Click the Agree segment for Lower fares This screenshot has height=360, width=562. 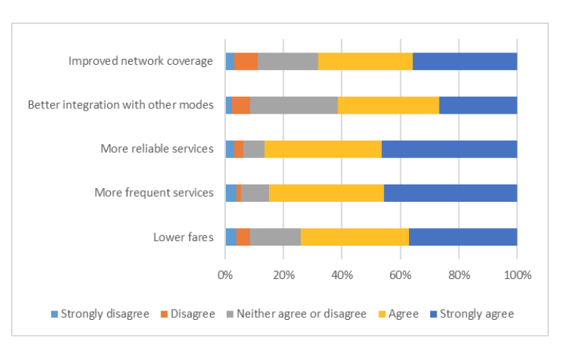tap(355, 237)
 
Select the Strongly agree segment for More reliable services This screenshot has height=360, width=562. tap(449, 149)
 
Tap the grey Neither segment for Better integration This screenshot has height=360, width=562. tap(294, 105)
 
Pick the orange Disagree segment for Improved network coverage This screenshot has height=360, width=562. tap(246, 61)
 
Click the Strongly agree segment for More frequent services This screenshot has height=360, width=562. tap(450, 193)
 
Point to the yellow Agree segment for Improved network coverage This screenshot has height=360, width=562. tap(365, 61)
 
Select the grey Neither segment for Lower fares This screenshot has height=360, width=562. tap(276, 237)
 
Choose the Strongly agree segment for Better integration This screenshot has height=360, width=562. tap(478, 105)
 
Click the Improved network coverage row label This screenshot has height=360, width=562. tap(141, 61)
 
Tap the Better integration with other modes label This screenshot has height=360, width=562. tap(120, 105)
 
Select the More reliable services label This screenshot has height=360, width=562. tap(157, 149)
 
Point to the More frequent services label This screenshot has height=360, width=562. tap(154, 193)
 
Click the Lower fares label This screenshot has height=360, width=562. tap(183, 237)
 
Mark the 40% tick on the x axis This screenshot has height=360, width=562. tap(343, 275)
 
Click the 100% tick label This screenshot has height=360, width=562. tap(517, 275)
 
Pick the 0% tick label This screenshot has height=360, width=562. tap(225, 275)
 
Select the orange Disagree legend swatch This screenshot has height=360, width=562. tap(165, 314)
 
